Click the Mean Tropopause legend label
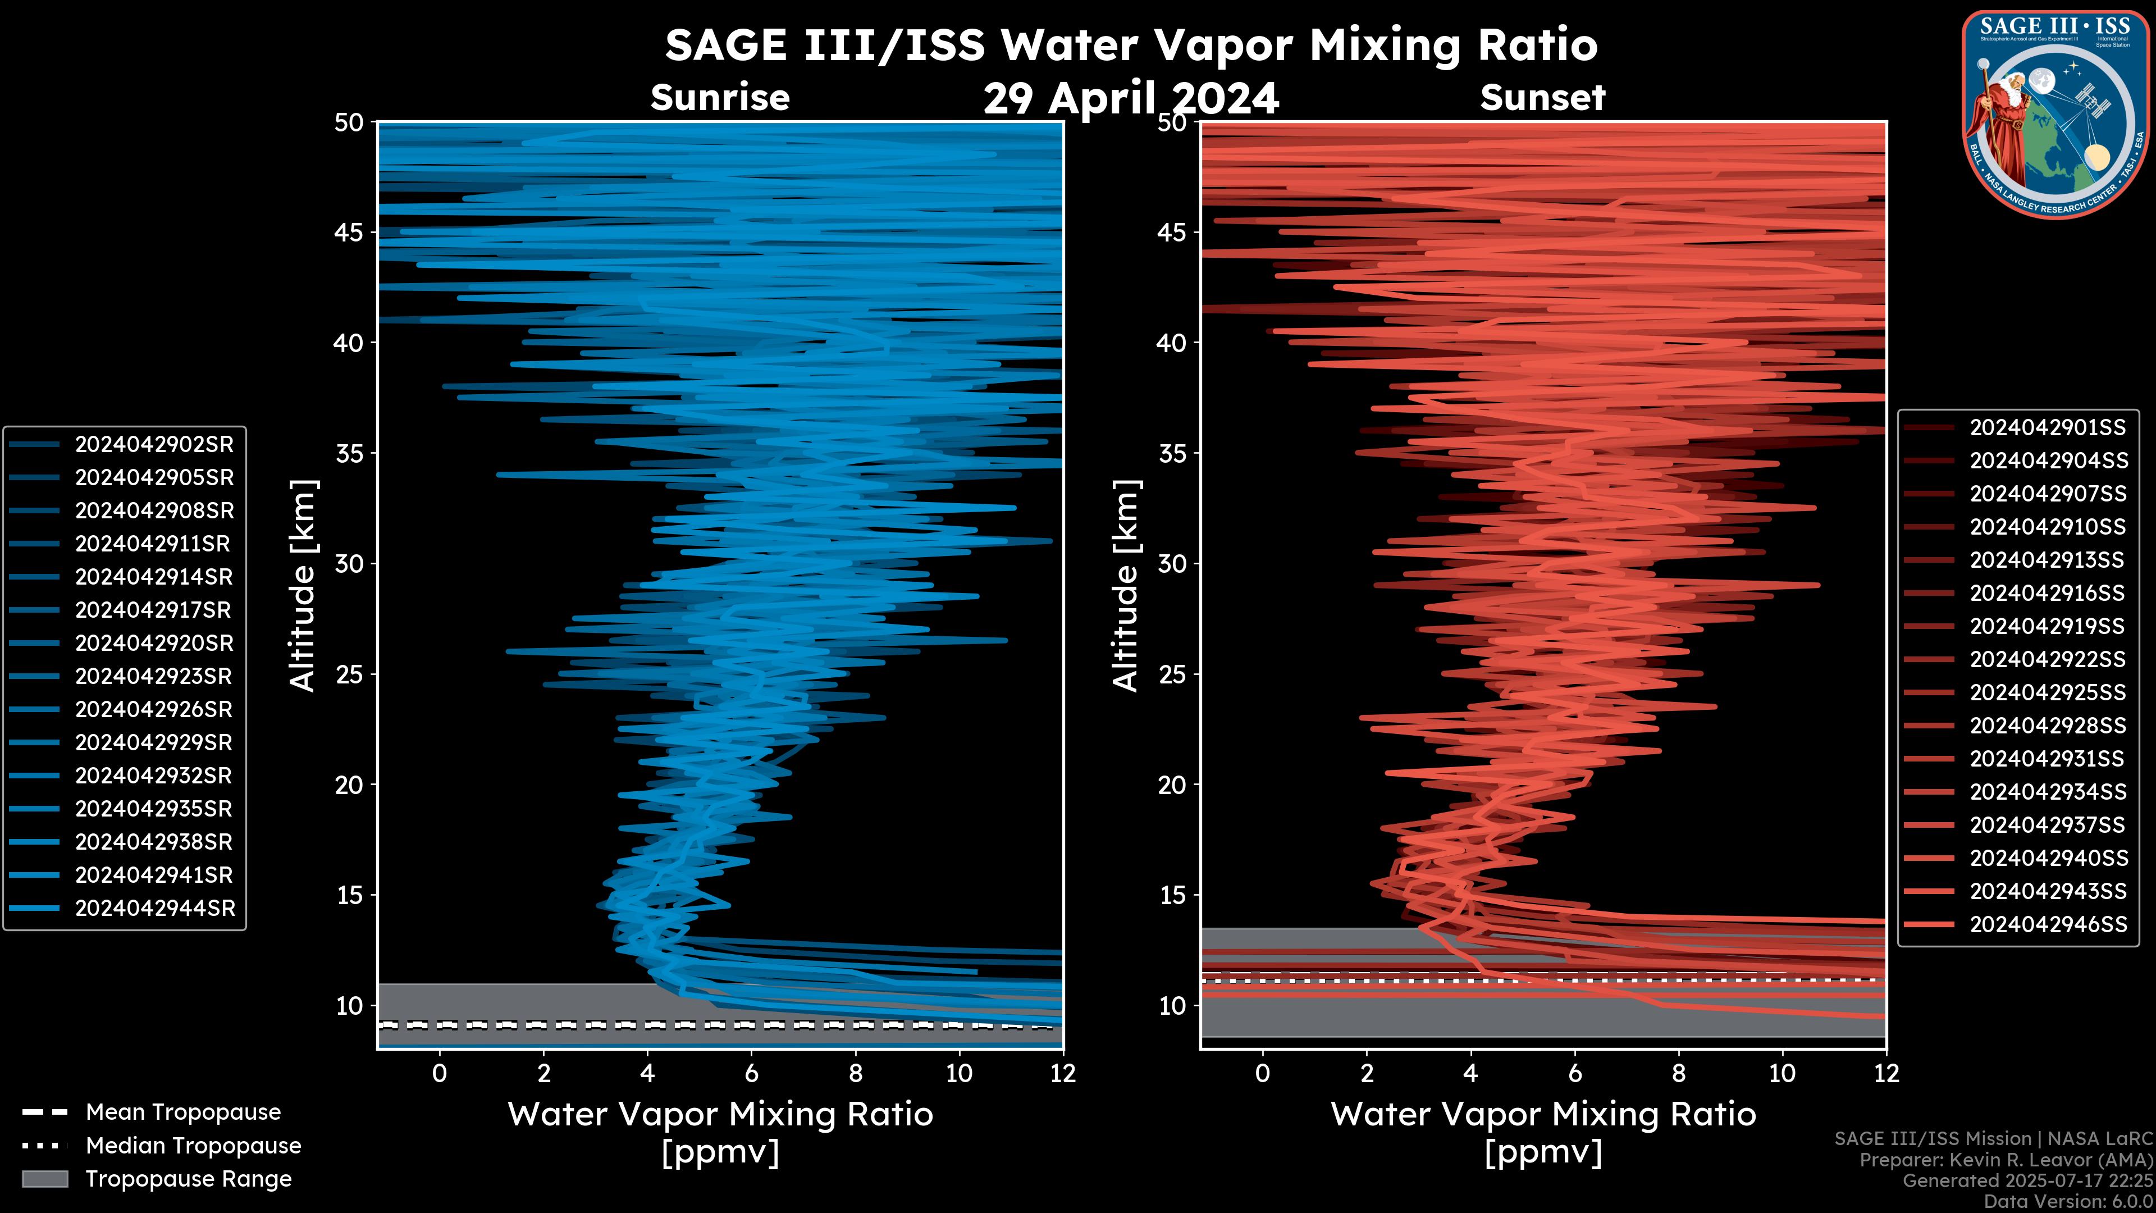[183, 1112]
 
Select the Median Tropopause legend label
[193, 1146]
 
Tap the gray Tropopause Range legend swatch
[44, 1179]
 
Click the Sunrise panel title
[720, 98]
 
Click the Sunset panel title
[1542, 98]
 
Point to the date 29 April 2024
[1131, 99]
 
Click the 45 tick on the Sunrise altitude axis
[349, 232]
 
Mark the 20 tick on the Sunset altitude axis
[1172, 785]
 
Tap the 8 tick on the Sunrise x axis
[855, 1074]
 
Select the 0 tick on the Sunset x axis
[1262, 1074]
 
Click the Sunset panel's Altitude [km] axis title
[1126, 586]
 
